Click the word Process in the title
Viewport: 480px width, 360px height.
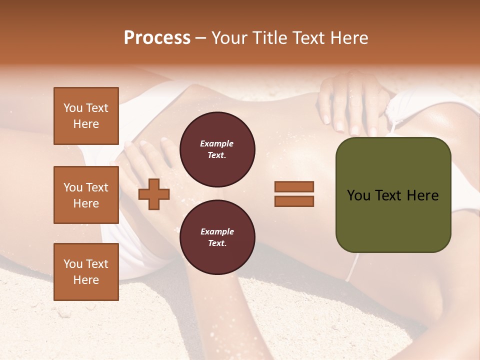click(x=157, y=38)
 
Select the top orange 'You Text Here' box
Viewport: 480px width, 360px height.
click(x=86, y=116)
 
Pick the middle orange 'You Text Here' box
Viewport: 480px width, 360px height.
click(x=86, y=195)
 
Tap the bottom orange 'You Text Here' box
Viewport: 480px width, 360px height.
click(x=86, y=272)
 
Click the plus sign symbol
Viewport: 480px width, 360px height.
click(x=154, y=194)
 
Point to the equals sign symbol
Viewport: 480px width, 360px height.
click(x=294, y=194)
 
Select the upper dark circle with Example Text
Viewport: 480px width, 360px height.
click(x=217, y=149)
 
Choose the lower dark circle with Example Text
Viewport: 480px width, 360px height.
click(x=217, y=237)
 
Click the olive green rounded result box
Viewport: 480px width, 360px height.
click(x=393, y=195)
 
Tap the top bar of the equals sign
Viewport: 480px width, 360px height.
click(x=294, y=187)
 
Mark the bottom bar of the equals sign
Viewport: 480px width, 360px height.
click(x=294, y=201)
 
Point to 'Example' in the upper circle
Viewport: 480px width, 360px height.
click(x=217, y=143)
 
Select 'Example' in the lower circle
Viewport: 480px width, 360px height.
click(x=217, y=231)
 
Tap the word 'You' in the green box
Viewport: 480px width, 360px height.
click(x=358, y=195)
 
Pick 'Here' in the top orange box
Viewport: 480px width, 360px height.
click(x=86, y=124)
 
